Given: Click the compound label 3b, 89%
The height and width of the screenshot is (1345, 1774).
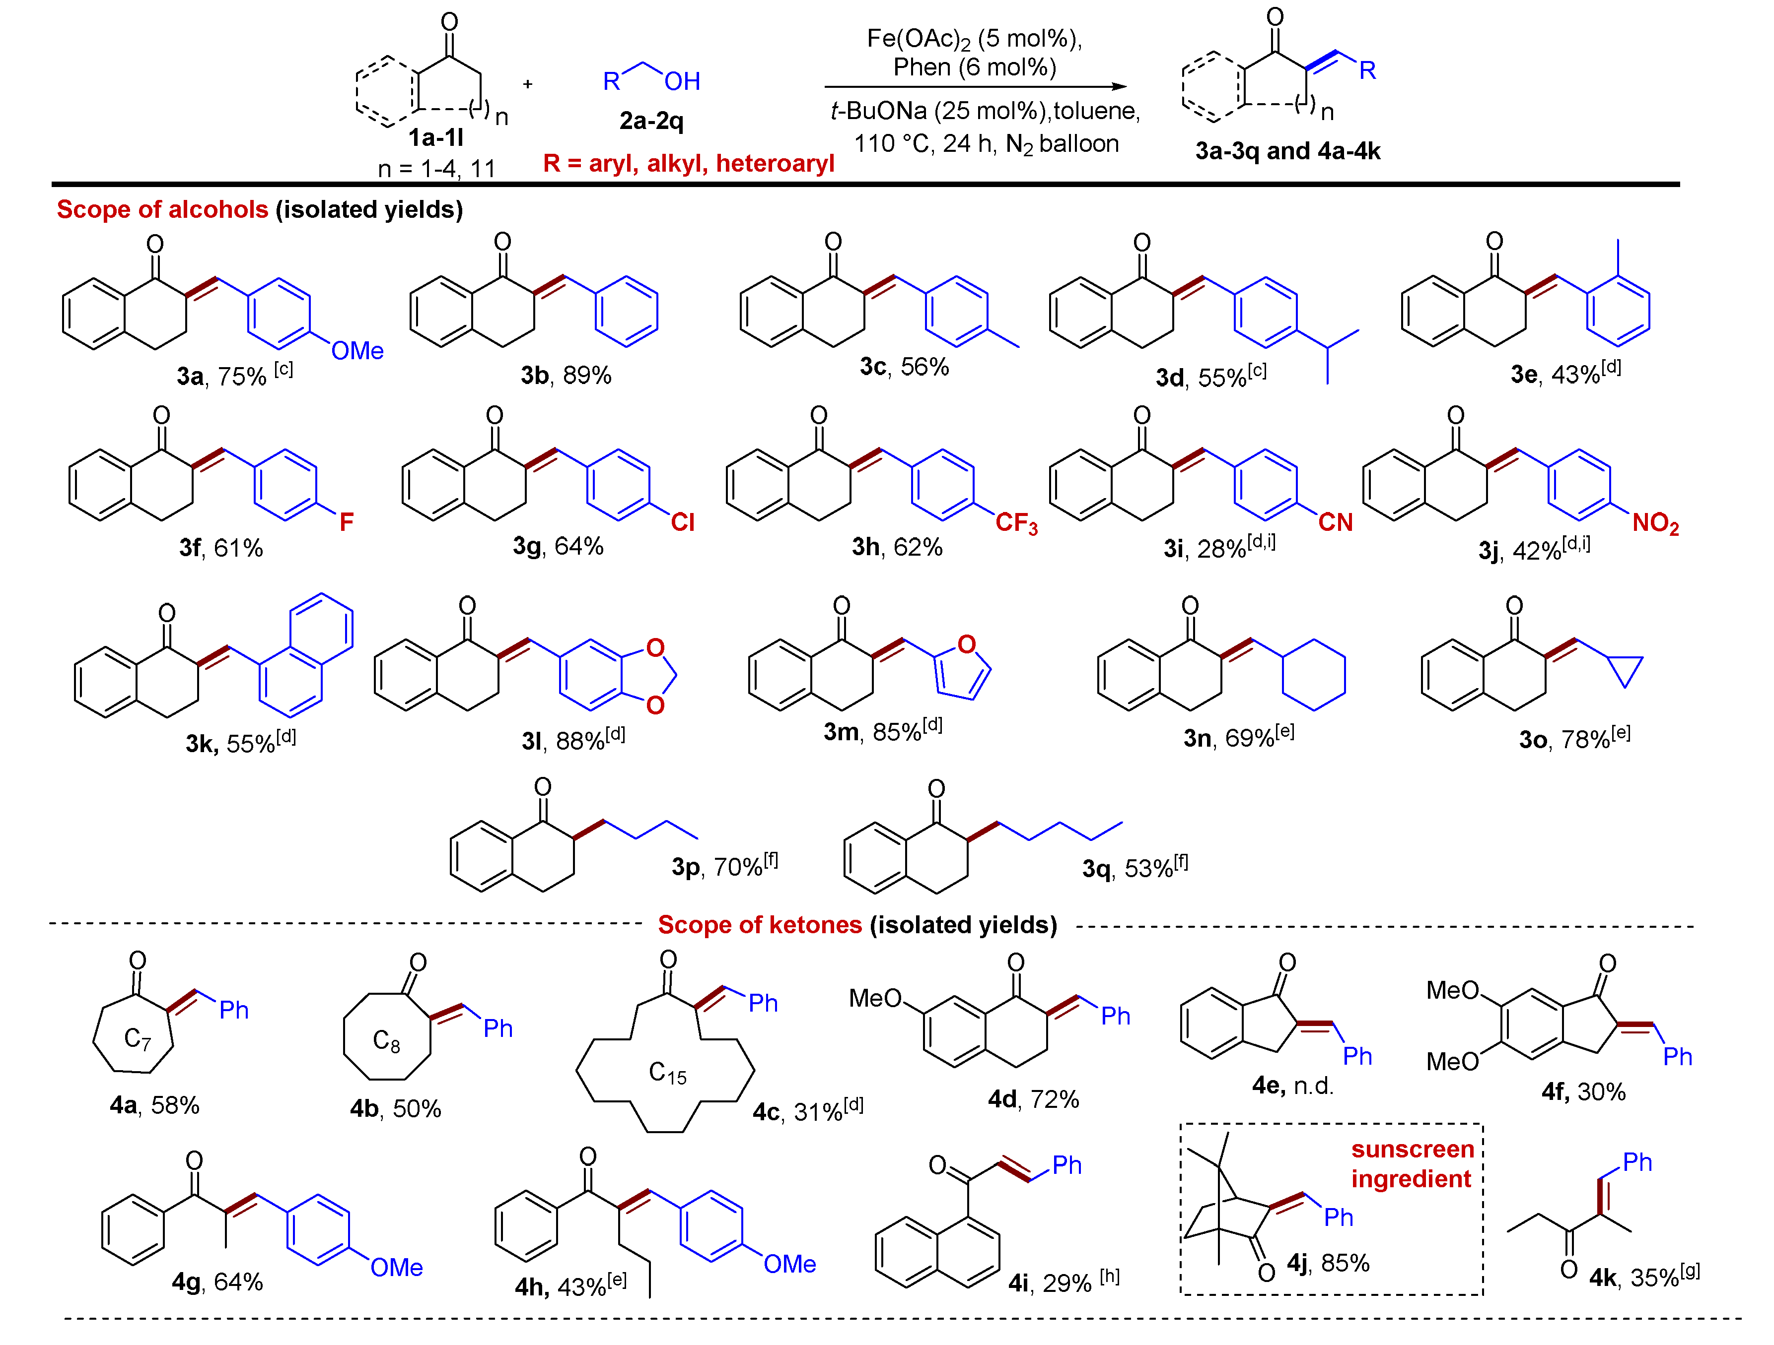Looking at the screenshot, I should click(566, 375).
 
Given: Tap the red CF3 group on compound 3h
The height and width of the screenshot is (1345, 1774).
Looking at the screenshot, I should click(1016, 523).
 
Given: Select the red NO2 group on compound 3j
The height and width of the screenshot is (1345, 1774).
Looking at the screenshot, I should click(1655, 523).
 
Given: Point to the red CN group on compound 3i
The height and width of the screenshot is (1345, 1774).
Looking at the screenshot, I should click(1335, 522).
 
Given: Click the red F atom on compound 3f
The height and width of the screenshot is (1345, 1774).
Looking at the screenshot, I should click(347, 522).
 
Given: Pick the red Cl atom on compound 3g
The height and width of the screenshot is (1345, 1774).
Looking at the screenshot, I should click(683, 522).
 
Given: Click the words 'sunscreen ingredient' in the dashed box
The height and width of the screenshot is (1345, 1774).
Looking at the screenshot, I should click(1413, 1164).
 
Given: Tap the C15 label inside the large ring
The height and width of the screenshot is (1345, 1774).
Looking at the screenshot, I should click(667, 1073).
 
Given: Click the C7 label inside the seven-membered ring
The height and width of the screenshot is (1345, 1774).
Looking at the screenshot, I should click(137, 1039).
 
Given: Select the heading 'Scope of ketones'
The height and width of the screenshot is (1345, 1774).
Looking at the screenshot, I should click(760, 925).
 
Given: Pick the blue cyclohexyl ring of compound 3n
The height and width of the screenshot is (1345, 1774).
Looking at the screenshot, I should click(1314, 674).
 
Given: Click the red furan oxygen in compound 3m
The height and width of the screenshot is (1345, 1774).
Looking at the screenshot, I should click(966, 644).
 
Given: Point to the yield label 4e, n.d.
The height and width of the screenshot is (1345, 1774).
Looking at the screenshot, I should click(1292, 1086).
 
